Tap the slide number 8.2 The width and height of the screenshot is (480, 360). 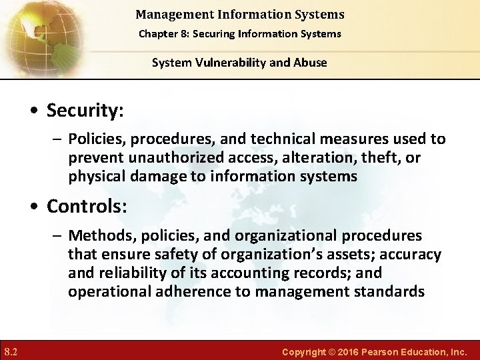(11, 351)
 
